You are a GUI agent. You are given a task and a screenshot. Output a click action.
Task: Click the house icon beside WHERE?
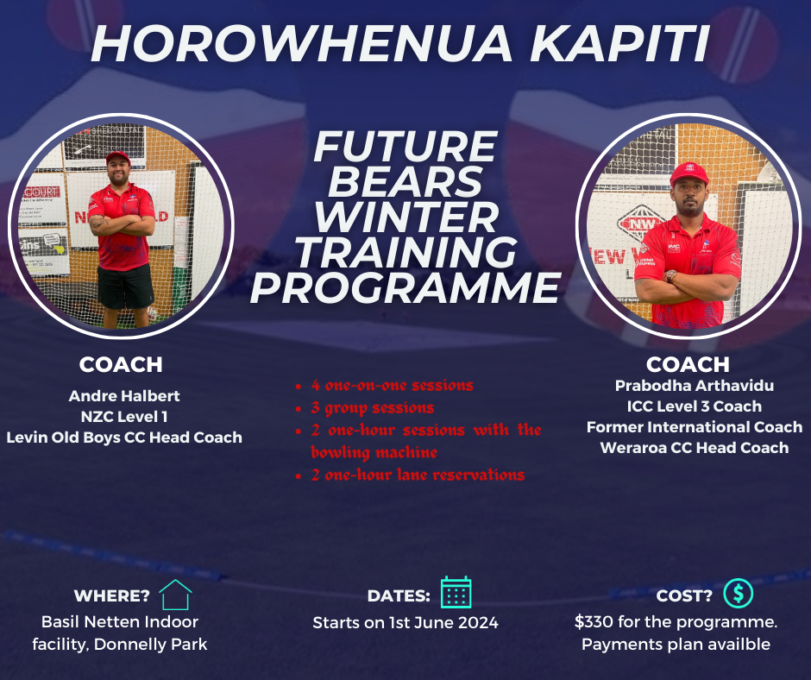pos(175,595)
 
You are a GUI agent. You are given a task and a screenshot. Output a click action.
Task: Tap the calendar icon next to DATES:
pos(456,593)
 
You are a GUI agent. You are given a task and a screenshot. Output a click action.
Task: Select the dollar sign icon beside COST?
pos(739,593)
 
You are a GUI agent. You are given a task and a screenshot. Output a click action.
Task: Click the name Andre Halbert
pos(124,396)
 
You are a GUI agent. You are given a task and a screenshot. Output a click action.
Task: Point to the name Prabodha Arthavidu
pos(695,385)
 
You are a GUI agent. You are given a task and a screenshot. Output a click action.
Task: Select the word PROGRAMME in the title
pos(405,289)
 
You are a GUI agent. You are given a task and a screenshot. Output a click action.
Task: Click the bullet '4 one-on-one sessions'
pos(392,386)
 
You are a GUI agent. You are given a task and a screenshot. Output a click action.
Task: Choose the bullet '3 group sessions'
pos(372,407)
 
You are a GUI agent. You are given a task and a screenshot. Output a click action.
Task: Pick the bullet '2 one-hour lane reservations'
pos(418,475)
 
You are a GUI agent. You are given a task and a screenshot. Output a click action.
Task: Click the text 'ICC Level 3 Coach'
pos(695,406)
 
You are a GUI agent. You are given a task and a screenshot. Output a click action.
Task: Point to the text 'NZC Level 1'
pos(124,417)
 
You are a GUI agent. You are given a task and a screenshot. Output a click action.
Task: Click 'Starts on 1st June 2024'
pos(405,622)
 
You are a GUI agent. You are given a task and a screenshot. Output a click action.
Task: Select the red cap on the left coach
pos(117,157)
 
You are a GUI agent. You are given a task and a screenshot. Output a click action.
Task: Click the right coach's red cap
pos(688,173)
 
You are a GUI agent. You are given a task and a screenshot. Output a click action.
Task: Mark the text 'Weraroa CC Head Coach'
pos(695,447)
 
